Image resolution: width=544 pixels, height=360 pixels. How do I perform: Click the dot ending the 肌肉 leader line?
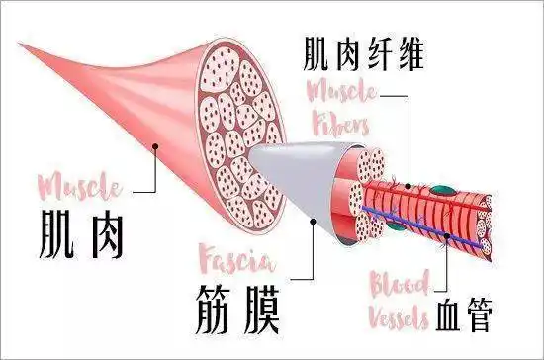coord(156,147)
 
